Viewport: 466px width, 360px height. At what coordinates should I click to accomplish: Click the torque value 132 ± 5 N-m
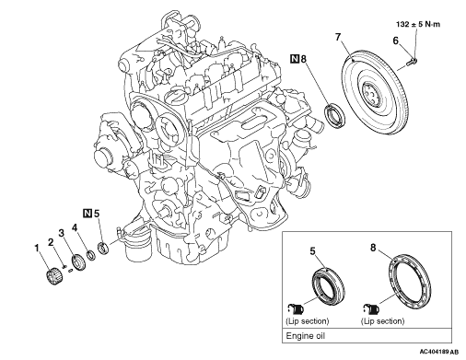pyautogui.click(x=418, y=24)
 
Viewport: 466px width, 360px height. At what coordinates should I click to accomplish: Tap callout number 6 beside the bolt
pyautogui.click(x=395, y=41)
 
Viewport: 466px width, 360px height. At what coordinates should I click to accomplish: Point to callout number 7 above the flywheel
pyautogui.click(x=338, y=37)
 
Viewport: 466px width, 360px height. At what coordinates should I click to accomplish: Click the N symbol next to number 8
pyautogui.click(x=295, y=58)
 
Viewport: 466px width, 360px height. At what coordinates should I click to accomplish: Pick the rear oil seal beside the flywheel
pyautogui.click(x=335, y=115)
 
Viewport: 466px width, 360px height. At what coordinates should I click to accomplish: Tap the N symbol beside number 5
pyautogui.click(x=87, y=213)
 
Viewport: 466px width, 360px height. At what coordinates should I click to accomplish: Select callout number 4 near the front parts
pyautogui.click(x=75, y=227)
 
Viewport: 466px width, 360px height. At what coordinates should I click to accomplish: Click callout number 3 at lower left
pyautogui.click(x=62, y=233)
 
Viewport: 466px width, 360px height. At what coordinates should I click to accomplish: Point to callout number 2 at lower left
pyautogui.click(x=51, y=242)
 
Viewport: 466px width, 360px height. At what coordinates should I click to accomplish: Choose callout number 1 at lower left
pyautogui.click(x=37, y=248)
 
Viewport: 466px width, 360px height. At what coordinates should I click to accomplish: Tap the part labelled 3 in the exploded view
pyautogui.click(x=78, y=262)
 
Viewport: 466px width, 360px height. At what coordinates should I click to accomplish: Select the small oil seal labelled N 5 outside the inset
pyautogui.click(x=103, y=249)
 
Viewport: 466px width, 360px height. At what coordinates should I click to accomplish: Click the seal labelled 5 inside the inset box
pyautogui.click(x=329, y=286)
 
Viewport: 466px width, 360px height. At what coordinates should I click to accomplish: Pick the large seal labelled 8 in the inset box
pyautogui.click(x=410, y=281)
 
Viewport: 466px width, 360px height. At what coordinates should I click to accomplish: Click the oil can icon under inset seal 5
pyautogui.click(x=296, y=308)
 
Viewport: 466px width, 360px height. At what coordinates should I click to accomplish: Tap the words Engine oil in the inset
pyautogui.click(x=305, y=336)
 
